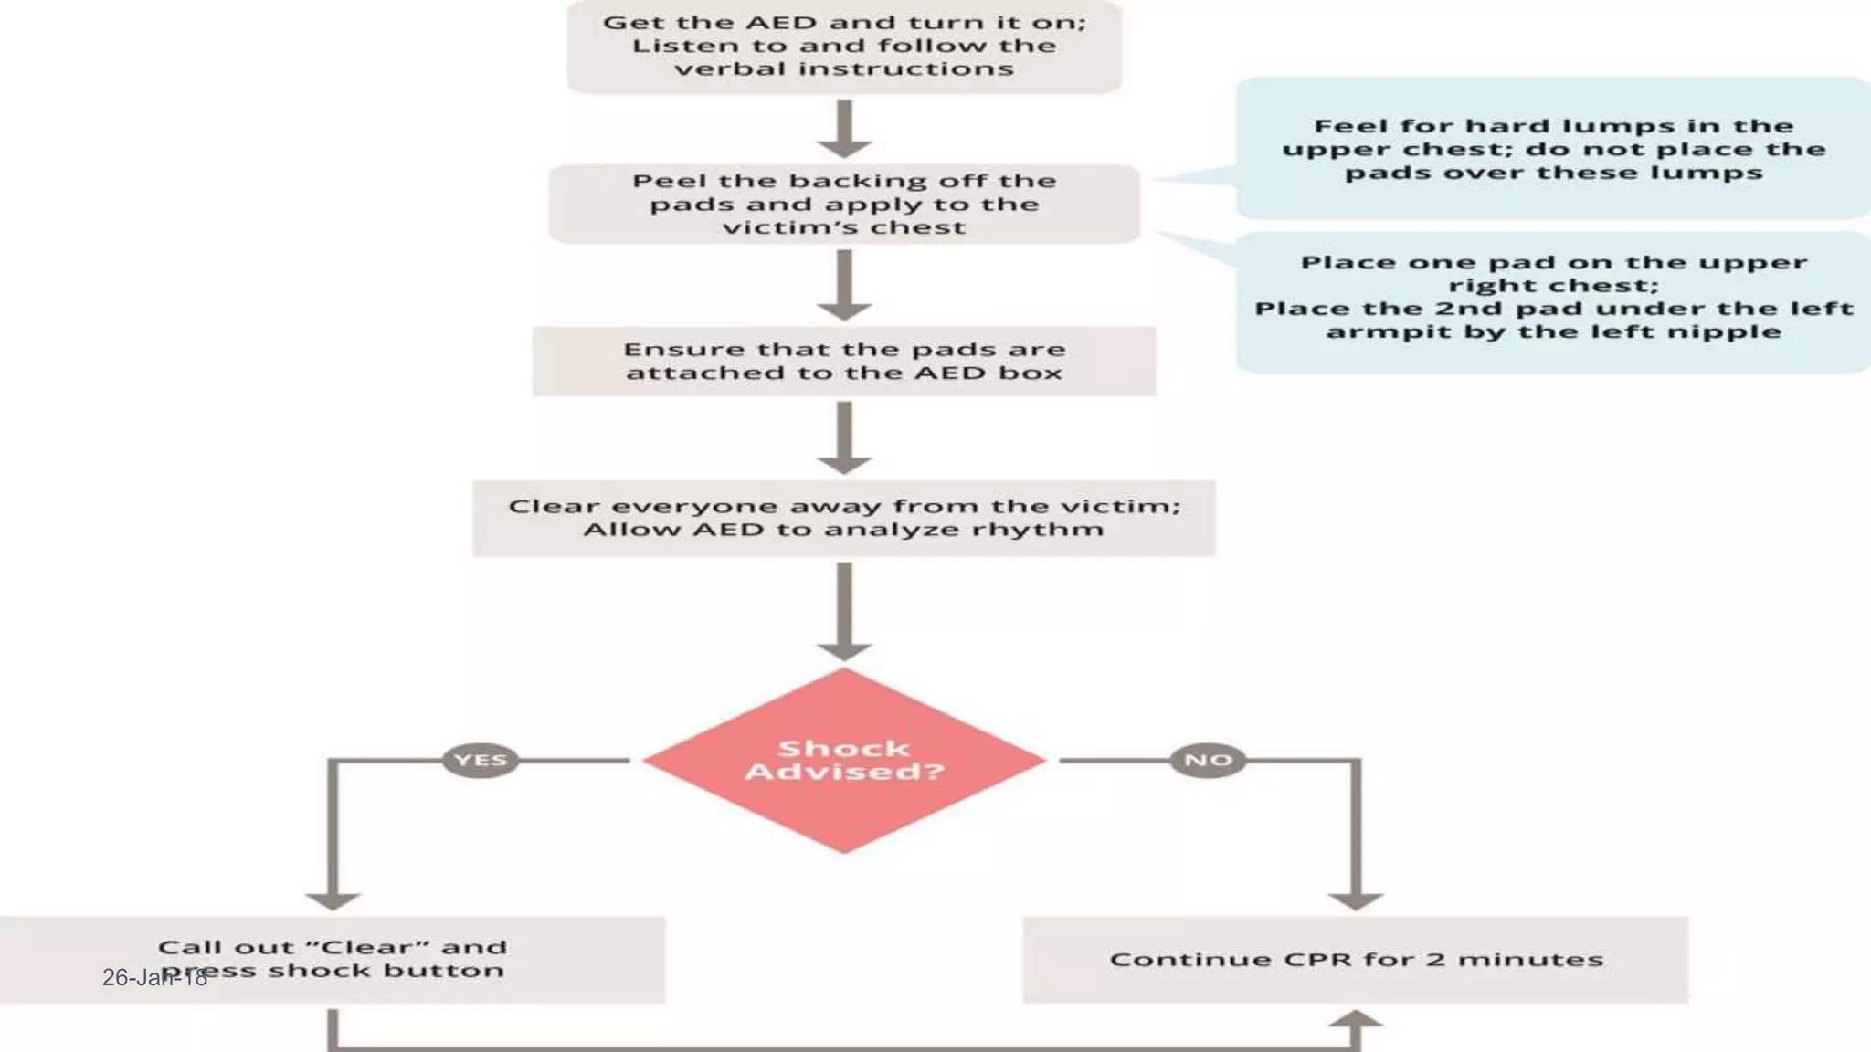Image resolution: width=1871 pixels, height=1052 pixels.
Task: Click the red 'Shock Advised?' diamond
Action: (x=843, y=760)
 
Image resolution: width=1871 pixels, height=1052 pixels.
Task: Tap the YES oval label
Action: (x=481, y=760)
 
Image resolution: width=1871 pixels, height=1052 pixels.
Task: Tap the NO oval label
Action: (x=1208, y=760)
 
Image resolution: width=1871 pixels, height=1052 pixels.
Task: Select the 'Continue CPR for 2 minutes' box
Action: (x=1356, y=960)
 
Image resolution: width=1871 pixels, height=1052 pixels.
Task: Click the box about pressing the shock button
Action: (x=333, y=960)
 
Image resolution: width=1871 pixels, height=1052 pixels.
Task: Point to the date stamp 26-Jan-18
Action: (x=154, y=978)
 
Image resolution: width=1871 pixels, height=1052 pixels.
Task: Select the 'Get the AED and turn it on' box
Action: (x=843, y=46)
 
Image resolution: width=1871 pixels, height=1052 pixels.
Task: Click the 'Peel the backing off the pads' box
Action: (x=843, y=204)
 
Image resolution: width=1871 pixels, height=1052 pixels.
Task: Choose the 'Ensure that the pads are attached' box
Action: (x=843, y=362)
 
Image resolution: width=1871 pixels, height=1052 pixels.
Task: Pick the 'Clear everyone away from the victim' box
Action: (x=843, y=518)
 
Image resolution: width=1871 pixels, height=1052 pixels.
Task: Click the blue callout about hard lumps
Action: (x=1553, y=149)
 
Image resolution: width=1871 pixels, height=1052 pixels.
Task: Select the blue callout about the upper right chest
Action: (x=1553, y=298)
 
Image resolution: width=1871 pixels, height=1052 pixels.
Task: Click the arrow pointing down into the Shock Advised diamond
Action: (x=843, y=610)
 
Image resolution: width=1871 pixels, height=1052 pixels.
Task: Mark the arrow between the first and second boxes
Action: (x=843, y=129)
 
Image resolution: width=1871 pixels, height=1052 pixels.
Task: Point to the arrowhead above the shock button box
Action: (x=333, y=900)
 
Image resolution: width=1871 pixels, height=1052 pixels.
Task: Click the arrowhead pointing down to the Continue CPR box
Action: (x=1356, y=900)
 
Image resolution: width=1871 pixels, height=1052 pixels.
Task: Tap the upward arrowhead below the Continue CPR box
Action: (x=1356, y=1020)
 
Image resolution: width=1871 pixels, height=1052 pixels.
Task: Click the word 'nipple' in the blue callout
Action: (x=1739, y=331)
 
